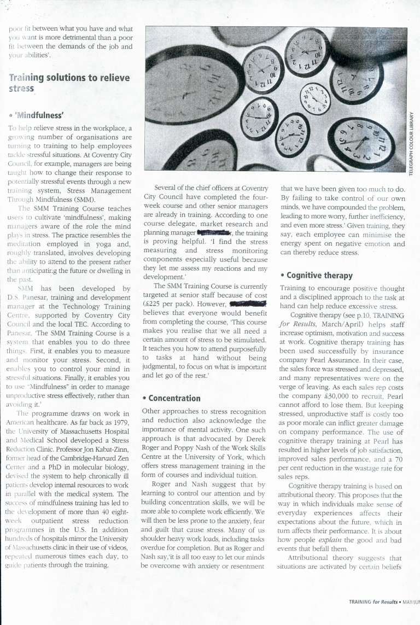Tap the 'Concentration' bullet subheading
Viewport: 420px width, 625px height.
tap(171, 398)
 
